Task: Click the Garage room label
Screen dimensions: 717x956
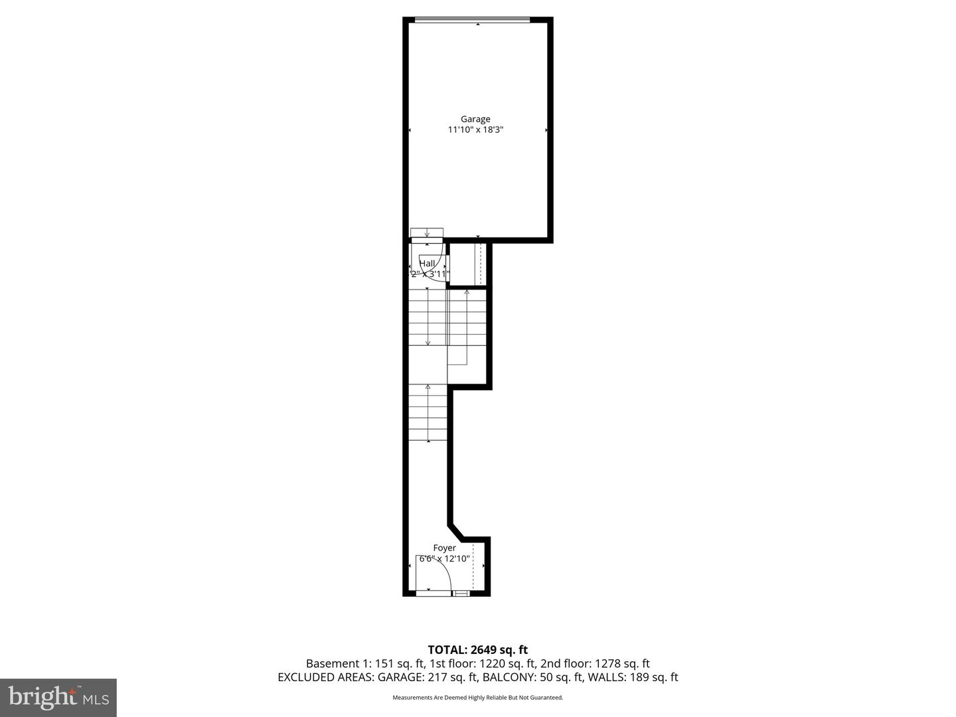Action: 475,119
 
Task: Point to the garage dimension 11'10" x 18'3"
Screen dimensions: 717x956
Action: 475,130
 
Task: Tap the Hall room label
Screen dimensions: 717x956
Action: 428,264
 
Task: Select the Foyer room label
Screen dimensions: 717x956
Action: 444,548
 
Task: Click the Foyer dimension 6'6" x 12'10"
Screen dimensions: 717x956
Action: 444,559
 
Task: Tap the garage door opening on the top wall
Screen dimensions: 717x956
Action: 472,20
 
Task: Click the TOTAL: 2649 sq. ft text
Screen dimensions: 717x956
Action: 477,650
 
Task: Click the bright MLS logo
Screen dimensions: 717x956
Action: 58,697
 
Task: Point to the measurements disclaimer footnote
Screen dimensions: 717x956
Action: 477,698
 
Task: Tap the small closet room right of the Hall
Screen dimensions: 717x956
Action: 468,264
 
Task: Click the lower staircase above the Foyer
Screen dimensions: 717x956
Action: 428,412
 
